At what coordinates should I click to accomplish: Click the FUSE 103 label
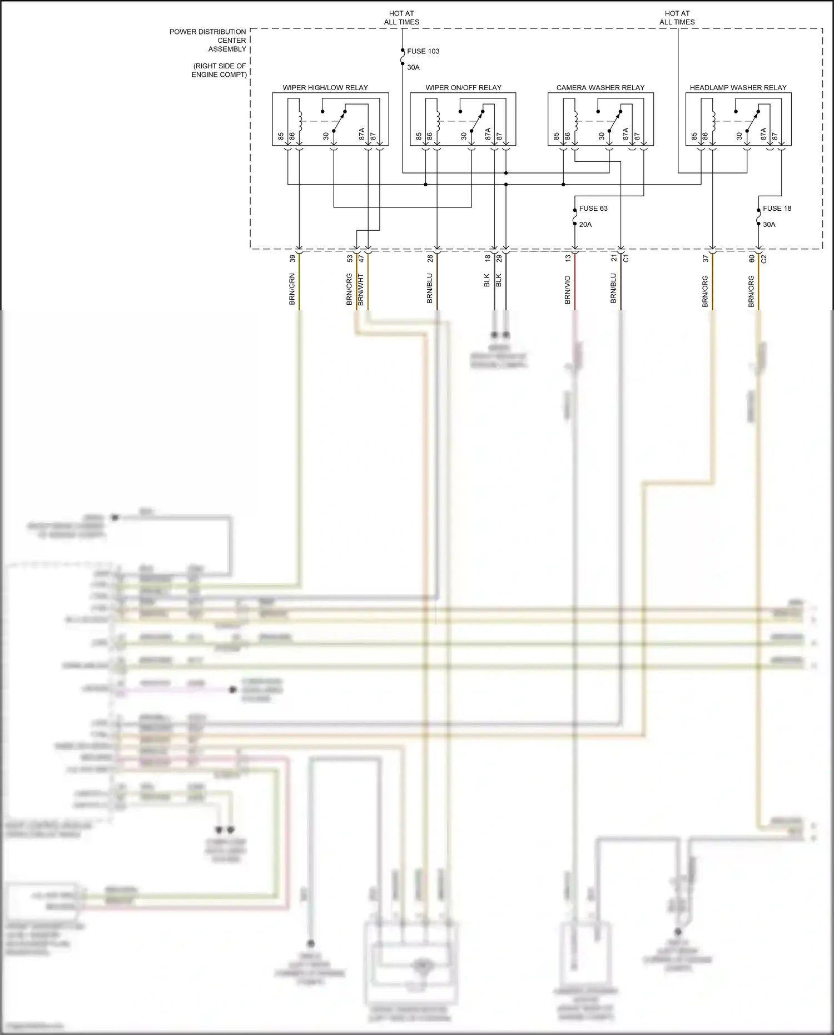(423, 51)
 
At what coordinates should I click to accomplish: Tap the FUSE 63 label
(593, 209)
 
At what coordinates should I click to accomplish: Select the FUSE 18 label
(776, 209)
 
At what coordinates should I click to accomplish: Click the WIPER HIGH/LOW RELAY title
(325, 88)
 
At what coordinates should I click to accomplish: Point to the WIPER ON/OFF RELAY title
(463, 88)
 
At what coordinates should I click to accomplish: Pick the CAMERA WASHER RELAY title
(600, 88)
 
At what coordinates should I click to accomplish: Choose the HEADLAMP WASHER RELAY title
(738, 88)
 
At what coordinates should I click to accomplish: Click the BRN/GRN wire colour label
(292, 289)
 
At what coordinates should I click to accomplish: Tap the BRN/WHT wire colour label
(361, 289)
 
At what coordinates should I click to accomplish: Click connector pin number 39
(292, 259)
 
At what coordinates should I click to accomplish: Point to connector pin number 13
(568, 259)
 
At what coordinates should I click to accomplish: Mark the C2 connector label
(763, 259)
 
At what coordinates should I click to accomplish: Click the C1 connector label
(625, 259)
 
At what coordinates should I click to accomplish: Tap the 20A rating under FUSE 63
(585, 225)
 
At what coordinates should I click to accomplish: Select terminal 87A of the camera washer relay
(625, 134)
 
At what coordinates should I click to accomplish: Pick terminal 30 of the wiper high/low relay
(326, 136)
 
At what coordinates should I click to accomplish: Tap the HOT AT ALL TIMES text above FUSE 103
(401, 18)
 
